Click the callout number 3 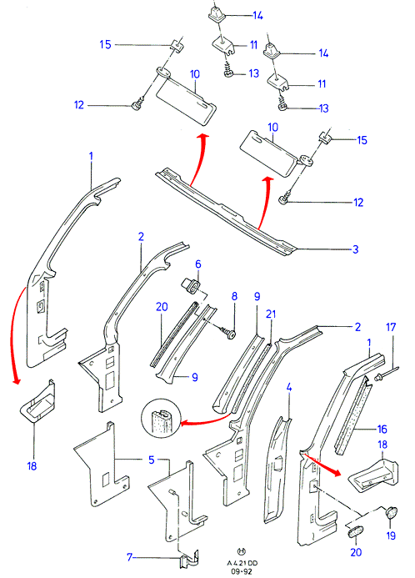[x=355, y=249]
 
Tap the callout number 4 [x=289, y=388]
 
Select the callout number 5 [x=152, y=460]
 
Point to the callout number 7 [x=129, y=556]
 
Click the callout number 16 [x=382, y=429]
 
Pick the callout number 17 [x=391, y=327]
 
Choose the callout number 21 [x=271, y=314]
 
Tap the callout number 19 [x=391, y=535]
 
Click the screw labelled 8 [x=228, y=332]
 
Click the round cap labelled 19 [x=391, y=513]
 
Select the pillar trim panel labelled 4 [x=277, y=470]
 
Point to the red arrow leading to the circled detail [x=206, y=421]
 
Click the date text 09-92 [x=242, y=571]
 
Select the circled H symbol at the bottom [x=242, y=551]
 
